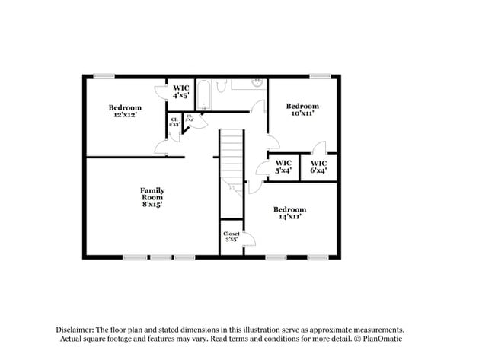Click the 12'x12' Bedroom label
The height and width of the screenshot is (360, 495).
tap(125, 111)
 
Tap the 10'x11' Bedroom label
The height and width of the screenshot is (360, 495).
tap(302, 109)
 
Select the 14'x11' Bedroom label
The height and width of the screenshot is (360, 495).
tap(289, 213)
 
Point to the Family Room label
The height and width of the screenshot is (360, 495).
tap(152, 197)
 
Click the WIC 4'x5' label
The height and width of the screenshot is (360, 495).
tap(180, 92)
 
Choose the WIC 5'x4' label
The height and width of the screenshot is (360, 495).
tap(283, 167)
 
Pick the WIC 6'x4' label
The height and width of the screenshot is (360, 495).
tap(318, 167)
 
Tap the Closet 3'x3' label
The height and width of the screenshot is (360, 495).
tap(230, 237)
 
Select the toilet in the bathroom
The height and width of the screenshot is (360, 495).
tap(220, 87)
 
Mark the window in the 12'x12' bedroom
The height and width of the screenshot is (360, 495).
tap(104, 75)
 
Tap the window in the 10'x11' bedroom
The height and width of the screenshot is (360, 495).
tap(320, 75)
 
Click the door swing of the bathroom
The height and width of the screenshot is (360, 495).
tap(258, 106)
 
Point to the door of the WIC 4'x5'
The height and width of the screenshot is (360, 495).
tap(161, 92)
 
